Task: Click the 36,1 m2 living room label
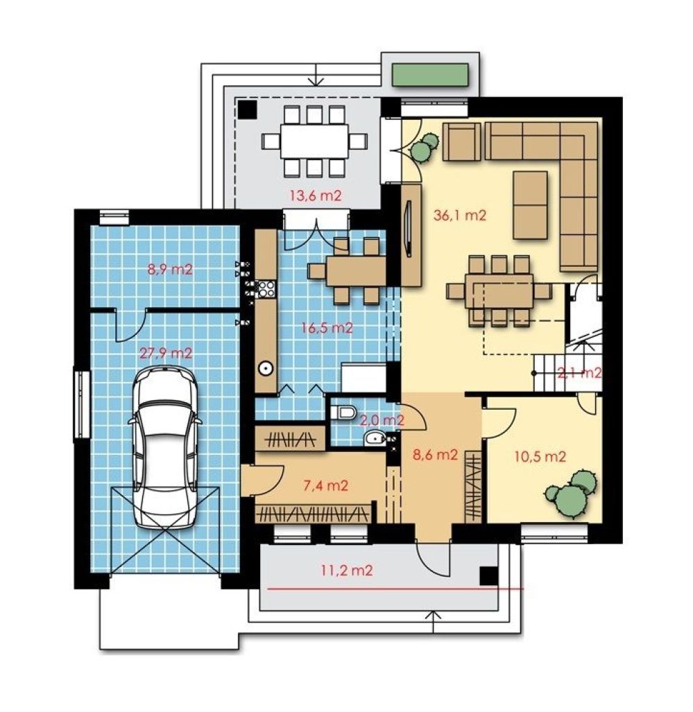(460, 215)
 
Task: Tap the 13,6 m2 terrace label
(316, 196)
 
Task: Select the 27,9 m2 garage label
(165, 352)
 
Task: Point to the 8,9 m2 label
(170, 269)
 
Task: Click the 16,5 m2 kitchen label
(327, 327)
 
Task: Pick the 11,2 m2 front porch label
(347, 570)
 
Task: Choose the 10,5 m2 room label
(540, 456)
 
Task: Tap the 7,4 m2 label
(325, 485)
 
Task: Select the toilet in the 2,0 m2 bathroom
(342, 412)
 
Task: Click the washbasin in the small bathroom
(375, 437)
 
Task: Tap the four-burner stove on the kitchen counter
(265, 289)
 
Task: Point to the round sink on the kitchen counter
(266, 368)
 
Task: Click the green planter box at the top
(430, 75)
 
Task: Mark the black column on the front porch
(489, 576)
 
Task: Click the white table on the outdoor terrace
(314, 141)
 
